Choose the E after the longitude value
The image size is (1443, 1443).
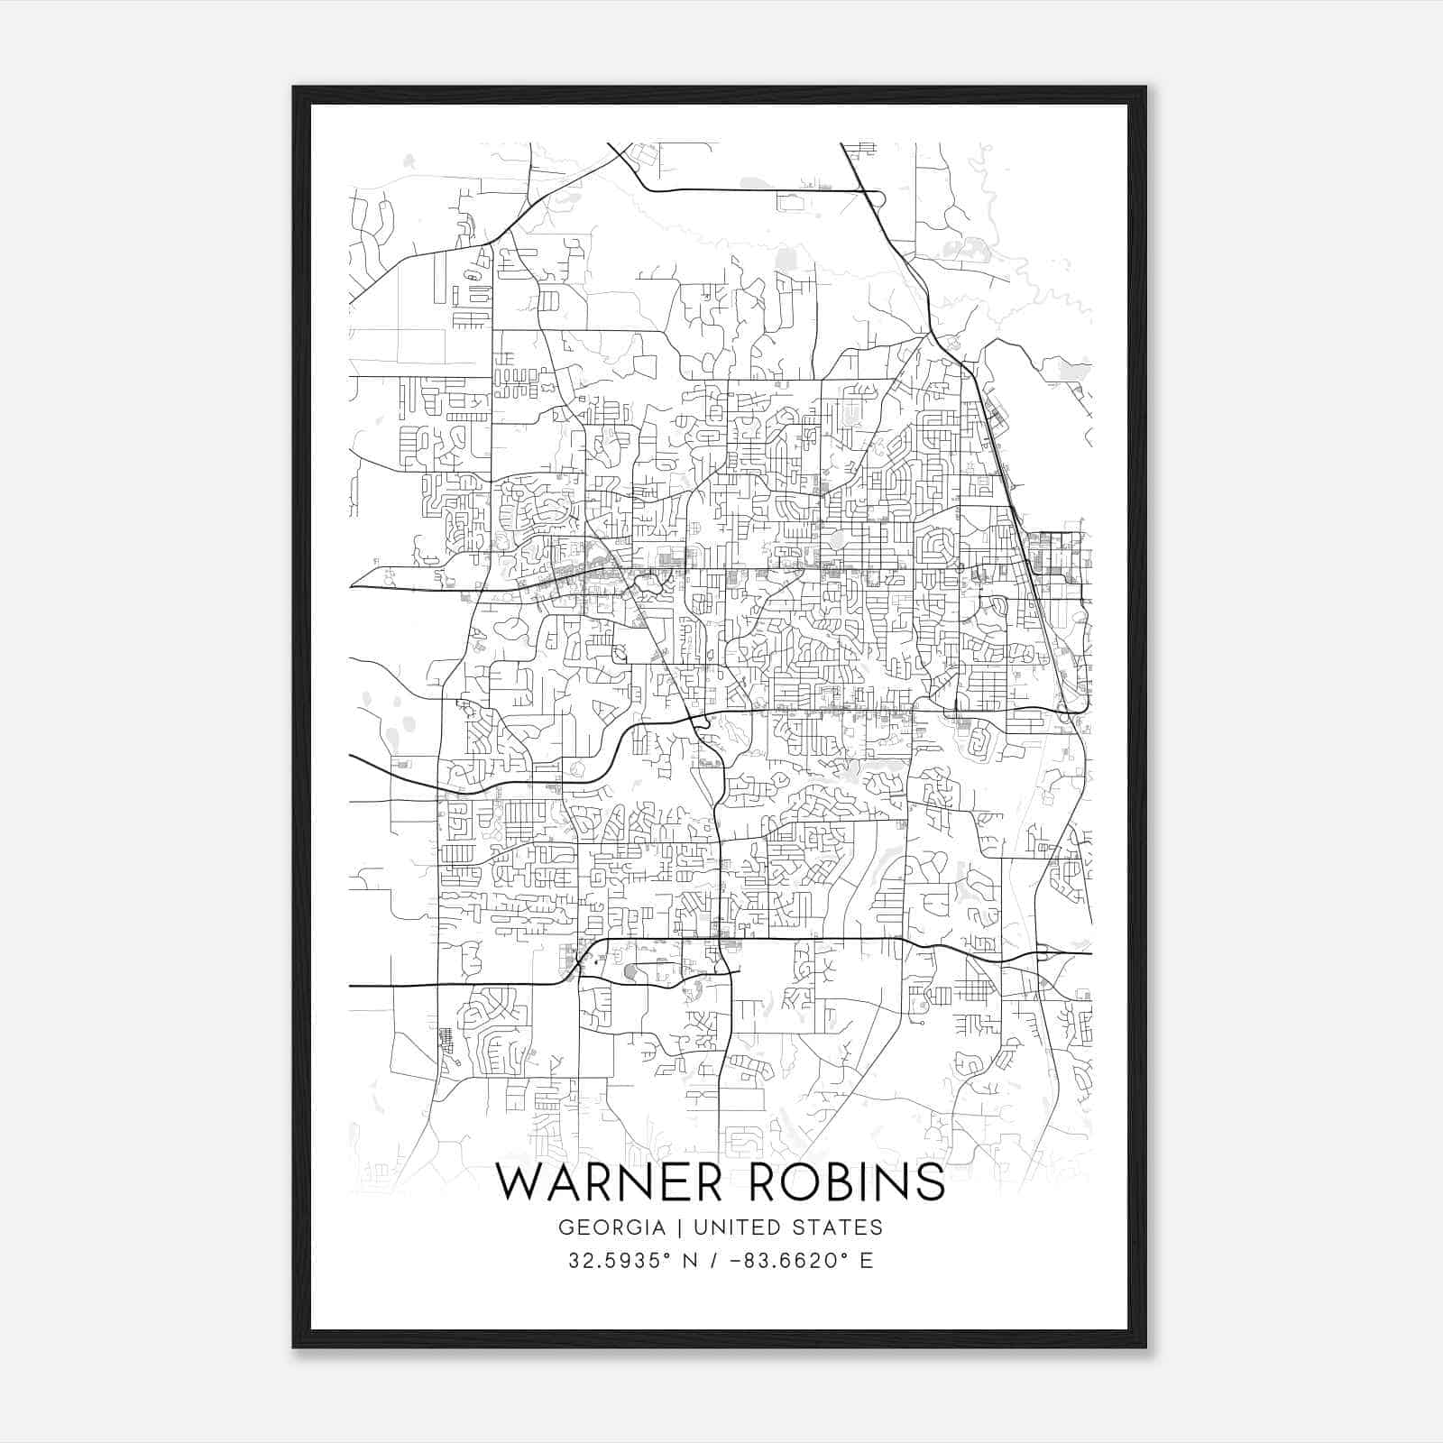click(x=867, y=1260)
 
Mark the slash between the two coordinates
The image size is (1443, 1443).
click(x=714, y=1260)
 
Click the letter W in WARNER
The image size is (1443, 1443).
click(x=520, y=1183)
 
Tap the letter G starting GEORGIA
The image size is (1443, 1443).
click(x=567, y=1227)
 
